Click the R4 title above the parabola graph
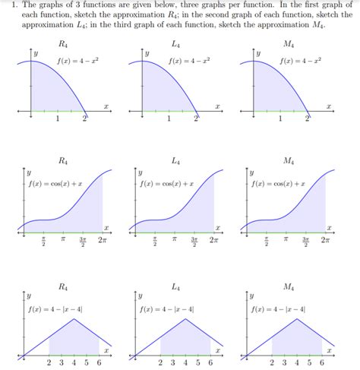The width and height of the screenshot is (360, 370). click(64, 43)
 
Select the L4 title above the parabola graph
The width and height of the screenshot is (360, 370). click(175, 43)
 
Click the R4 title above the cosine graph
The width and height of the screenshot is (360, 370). click(64, 161)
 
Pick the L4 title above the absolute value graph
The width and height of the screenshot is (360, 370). click(175, 286)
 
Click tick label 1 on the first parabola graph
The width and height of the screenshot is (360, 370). click(58, 119)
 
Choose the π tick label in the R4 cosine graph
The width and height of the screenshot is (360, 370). click(64, 240)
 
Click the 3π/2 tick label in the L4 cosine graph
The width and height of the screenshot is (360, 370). click(194, 242)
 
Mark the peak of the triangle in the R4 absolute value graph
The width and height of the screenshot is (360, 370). click(74, 319)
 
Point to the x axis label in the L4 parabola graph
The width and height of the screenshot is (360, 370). click(216, 106)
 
